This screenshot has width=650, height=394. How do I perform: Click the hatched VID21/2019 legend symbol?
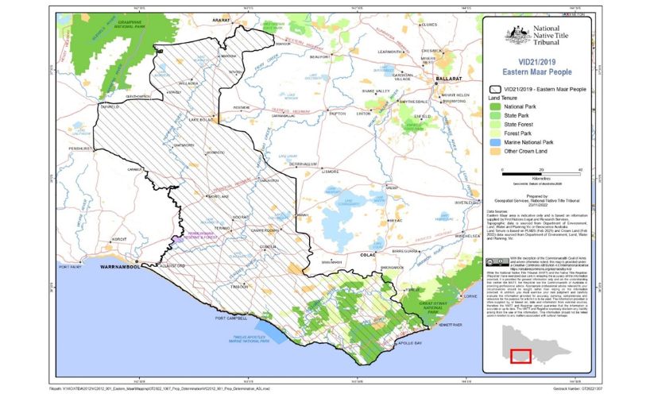click(497, 89)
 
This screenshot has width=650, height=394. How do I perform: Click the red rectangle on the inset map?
click(520, 357)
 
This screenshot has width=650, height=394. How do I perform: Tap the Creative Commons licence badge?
click(494, 261)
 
